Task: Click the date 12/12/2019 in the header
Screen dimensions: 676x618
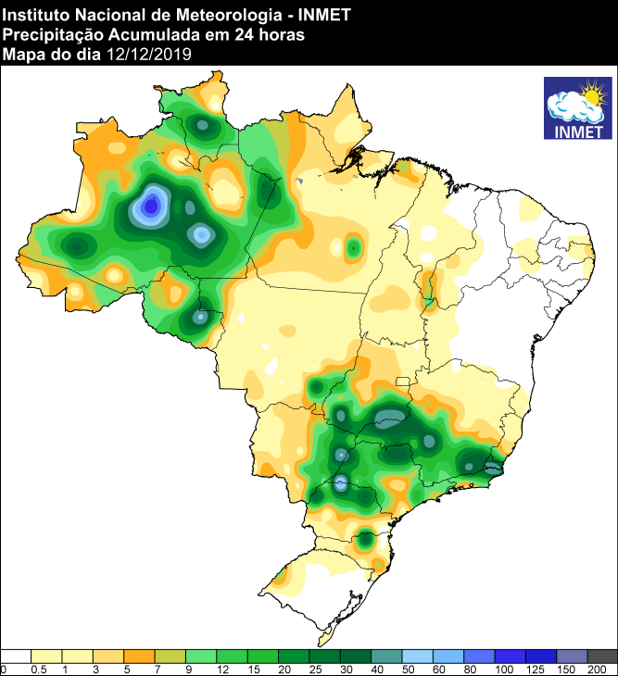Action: (x=148, y=55)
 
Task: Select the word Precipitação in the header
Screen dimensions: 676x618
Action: (x=46, y=34)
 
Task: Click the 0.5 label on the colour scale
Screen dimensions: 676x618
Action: (x=39, y=669)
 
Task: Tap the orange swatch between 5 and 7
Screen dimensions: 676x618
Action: (x=139, y=656)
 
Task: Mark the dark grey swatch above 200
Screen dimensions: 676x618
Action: (x=602, y=656)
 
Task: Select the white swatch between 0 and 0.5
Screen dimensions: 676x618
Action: (x=17, y=656)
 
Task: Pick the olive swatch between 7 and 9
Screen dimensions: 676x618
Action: (x=170, y=656)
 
